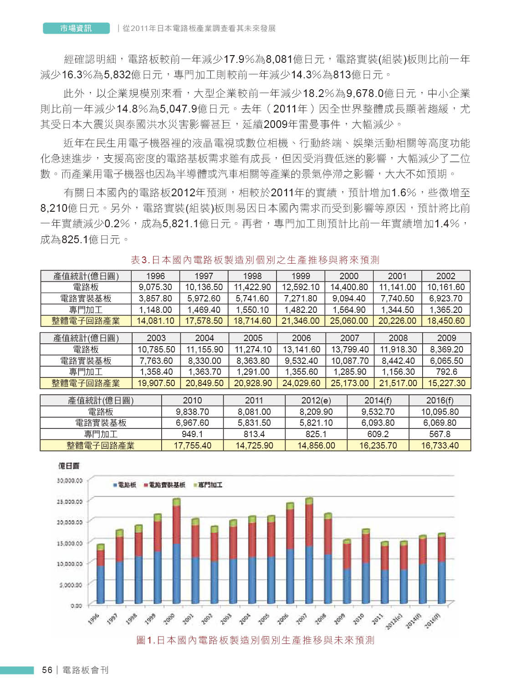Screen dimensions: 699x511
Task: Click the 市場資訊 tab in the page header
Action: pos(76,28)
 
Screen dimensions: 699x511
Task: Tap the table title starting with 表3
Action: pos(255,260)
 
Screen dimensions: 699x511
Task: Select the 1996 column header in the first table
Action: pos(155,276)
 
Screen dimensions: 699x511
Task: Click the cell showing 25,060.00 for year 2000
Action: pos(349,321)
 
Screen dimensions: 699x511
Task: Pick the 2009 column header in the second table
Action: pos(446,338)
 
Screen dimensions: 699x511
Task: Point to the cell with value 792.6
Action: pos(446,372)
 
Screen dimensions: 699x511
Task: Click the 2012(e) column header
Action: pos(316,400)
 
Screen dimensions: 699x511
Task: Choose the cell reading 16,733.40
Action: pos(439,445)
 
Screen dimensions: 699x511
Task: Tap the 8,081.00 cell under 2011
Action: pos(254,412)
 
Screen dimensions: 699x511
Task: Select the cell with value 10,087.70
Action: pos(350,361)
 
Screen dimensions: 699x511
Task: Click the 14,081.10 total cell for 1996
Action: pos(155,321)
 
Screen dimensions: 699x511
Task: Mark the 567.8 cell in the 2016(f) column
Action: pos(439,434)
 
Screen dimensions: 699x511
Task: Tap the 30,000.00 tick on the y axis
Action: pos(70,480)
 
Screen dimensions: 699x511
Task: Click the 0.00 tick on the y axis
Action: pos(76,606)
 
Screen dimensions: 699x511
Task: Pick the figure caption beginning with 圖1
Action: pos(255,640)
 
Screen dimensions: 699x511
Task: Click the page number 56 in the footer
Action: pos(47,670)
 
